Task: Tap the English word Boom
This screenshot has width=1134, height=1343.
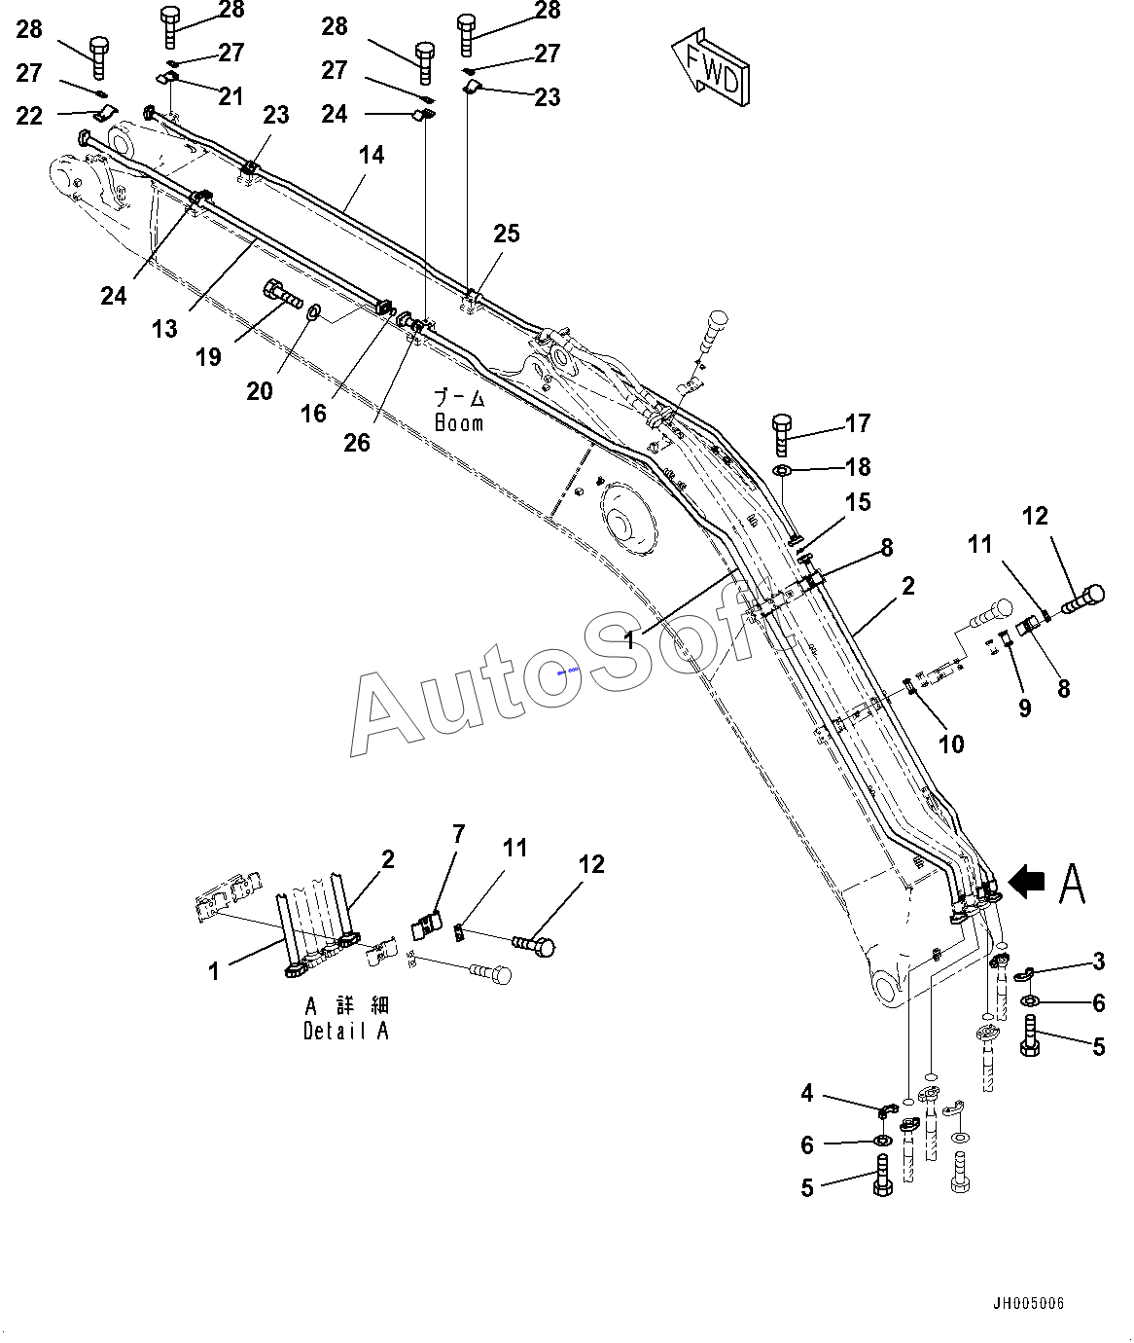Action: (458, 423)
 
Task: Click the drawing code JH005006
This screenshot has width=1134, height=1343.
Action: (1028, 1303)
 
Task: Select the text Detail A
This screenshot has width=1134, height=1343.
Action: (346, 1032)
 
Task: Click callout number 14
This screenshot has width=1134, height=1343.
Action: (372, 155)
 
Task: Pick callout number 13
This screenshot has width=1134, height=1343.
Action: (164, 329)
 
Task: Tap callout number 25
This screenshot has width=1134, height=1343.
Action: (507, 234)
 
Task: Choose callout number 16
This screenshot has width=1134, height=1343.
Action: (313, 414)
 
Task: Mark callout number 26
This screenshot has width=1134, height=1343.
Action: (357, 442)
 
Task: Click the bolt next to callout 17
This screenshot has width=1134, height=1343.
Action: (782, 434)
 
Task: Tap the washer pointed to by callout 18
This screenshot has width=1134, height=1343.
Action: (784, 472)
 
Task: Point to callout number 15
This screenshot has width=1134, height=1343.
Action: (858, 502)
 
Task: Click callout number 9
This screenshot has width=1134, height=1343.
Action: (1024, 708)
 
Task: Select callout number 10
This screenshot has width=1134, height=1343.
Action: (950, 744)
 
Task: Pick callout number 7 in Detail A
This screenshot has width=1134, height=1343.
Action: (458, 834)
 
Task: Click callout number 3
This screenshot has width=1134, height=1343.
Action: (1098, 962)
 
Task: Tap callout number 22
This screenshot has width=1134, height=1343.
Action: (30, 116)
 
